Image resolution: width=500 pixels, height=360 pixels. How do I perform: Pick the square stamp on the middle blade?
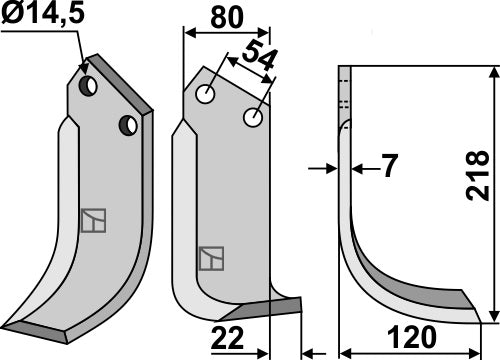[210, 259]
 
